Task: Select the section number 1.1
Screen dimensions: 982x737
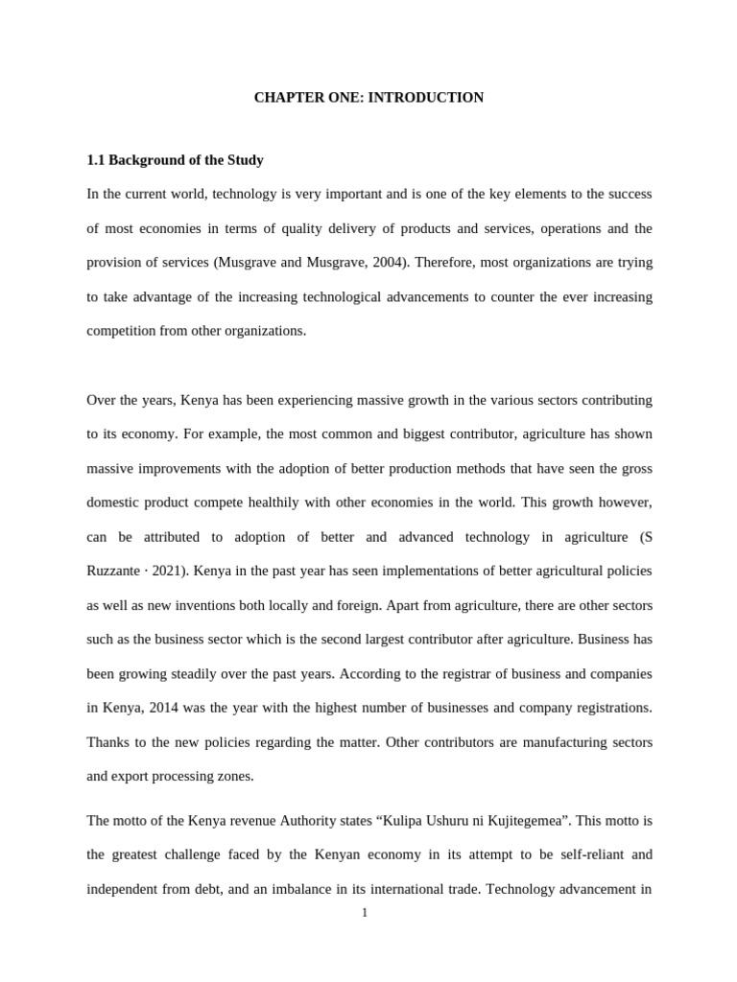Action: (96, 160)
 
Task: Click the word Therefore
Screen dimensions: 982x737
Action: (427, 263)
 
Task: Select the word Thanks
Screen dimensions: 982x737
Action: (107, 742)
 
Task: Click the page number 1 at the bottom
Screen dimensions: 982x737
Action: (365, 913)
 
